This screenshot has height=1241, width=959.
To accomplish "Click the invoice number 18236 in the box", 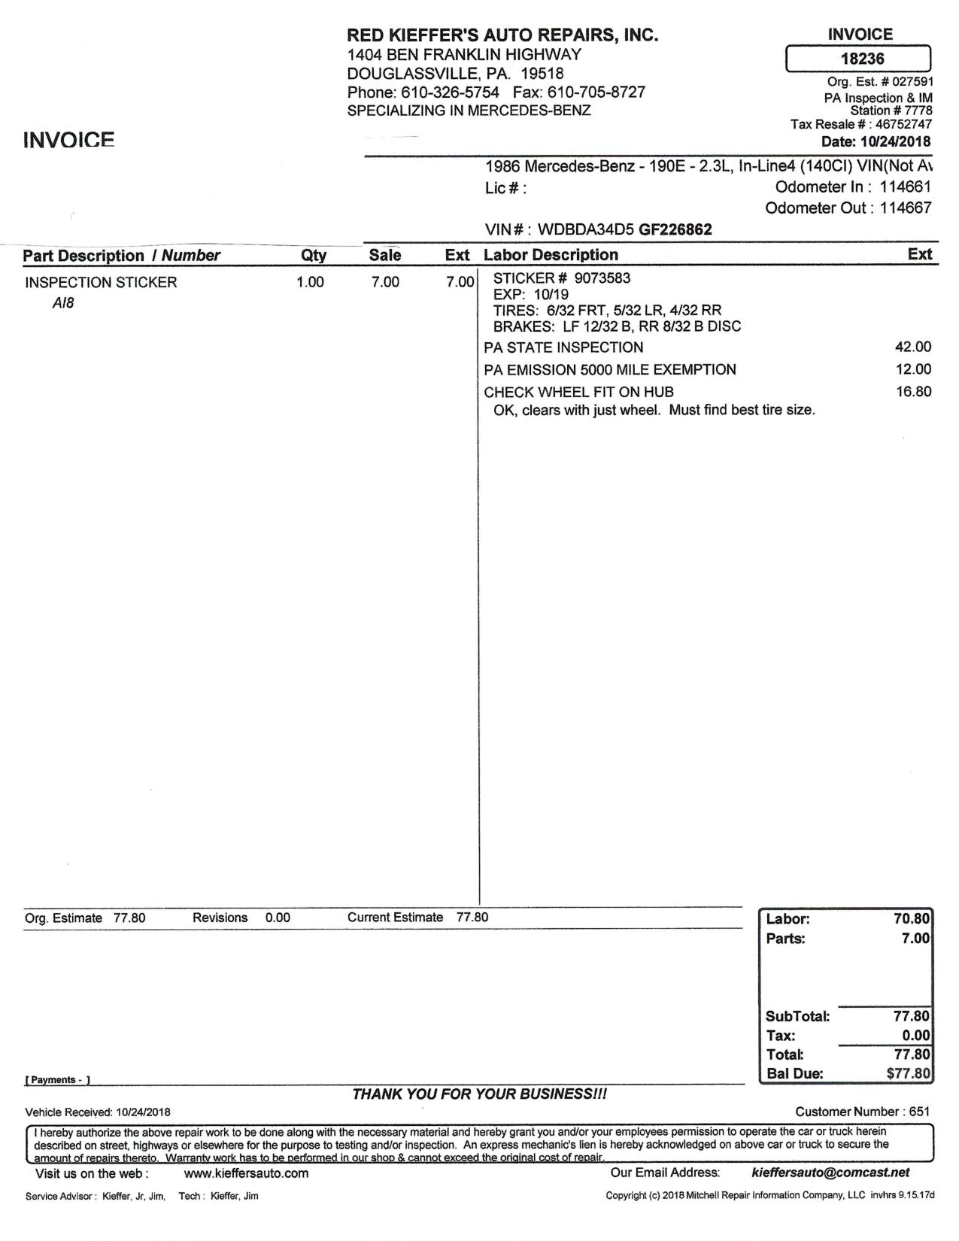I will coord(862,59).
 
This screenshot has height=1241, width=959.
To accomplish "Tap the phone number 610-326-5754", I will coord(450,93).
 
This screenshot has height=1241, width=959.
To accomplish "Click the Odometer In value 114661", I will coord(906,187).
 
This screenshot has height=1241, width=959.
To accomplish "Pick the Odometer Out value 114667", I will coord(906,208).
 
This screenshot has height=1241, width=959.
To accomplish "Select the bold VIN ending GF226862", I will coord(675,230).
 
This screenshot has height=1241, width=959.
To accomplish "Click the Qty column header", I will coord(314,256).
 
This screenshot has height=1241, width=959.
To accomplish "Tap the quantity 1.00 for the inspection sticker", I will coord(310,283).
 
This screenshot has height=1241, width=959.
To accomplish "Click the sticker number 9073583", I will coord(602,278).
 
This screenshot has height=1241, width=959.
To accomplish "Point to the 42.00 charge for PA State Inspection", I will coord(913,347).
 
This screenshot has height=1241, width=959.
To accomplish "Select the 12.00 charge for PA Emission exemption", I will coord(913,370).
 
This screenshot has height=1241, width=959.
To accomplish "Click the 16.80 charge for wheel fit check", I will coord(913,392).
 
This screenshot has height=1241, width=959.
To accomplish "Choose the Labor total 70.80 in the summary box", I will coord(912,919).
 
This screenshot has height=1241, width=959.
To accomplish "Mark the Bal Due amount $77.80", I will coord(909,1074).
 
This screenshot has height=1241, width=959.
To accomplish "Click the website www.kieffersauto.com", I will coord(246,1173).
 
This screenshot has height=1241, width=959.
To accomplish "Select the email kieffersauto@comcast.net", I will coord(830,1173).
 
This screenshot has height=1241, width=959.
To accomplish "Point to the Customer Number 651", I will coord(919,1112).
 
